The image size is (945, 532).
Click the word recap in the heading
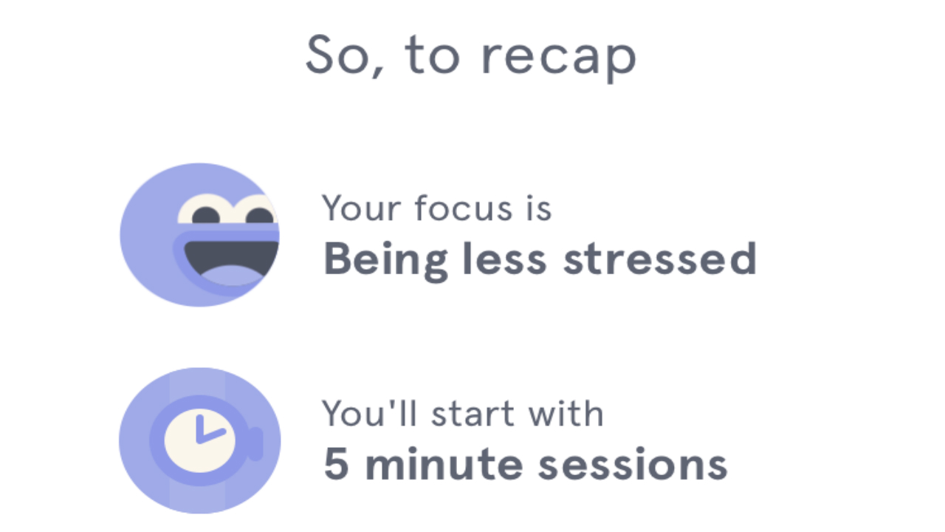(559, 58)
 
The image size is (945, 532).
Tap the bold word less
(504, 259)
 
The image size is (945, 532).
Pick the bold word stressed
(660, 259)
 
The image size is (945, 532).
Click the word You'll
(369, 413)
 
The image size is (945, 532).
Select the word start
(473, 414)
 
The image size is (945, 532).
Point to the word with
(566, 413)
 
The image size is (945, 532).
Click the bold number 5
(336, 463)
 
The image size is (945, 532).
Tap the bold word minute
(444, 463)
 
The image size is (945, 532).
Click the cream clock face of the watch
(199, 440)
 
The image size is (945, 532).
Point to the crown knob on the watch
(255, 443)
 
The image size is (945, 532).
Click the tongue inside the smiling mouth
(231, 276)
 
